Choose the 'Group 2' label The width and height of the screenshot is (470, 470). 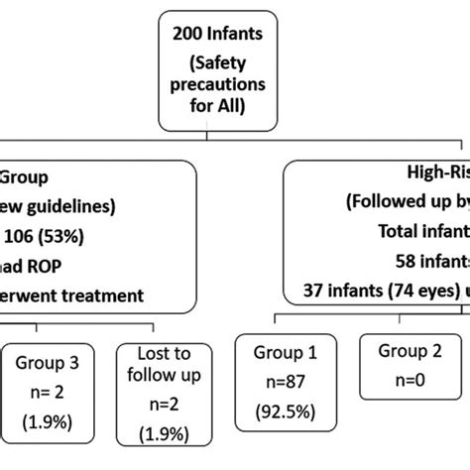(x=401, y=350)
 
